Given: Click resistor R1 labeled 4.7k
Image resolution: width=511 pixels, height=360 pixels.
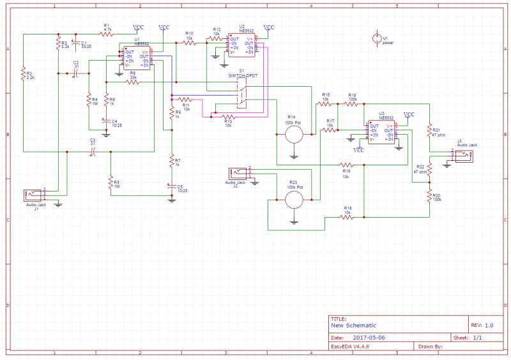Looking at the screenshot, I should tap(107, 34).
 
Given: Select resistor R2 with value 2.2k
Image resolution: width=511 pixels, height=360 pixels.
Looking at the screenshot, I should tap(23, 75).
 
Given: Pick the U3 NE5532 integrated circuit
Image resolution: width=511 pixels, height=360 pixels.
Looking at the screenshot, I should tap(381, 132).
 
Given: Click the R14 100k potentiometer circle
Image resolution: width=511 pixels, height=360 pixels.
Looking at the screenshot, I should tap(294, 135).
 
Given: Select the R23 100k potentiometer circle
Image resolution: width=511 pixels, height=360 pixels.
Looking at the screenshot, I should tap(294, 200).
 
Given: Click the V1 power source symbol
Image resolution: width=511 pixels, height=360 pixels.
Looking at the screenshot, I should tap(376, 39).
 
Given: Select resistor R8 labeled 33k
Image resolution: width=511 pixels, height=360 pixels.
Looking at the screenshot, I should tap(133, 82).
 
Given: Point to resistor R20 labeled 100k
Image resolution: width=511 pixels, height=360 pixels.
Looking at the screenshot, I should tap(429, 198).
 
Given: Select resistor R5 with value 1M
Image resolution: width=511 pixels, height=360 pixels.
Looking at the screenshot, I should tap(111, 184).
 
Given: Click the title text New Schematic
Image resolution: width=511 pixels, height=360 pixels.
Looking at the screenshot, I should tap(353, 325).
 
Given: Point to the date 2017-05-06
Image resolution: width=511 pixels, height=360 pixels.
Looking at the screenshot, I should tap(370, 337).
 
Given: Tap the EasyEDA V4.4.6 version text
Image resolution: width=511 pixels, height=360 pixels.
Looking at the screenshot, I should tap(349, 347).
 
